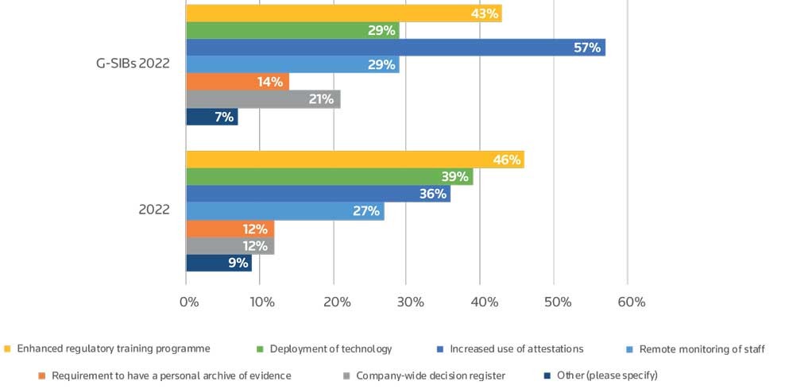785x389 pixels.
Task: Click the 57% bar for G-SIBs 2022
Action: coord(395,48)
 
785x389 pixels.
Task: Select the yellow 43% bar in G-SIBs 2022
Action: coord(343,13)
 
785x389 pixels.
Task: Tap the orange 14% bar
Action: coord(237,82)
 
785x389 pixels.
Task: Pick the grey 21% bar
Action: coord(263,99)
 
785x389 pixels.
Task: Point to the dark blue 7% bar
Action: coord(211,117)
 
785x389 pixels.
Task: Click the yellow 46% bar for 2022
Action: coord(354,160)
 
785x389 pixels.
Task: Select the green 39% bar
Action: coord(329,177)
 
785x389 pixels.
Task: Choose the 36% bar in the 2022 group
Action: coord(318,194)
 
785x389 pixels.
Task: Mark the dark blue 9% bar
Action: coord(218,263)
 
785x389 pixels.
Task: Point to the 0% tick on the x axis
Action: coord(189,302)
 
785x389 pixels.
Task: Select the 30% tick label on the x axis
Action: coord(411,302)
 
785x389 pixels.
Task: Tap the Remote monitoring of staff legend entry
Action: coord(697,349)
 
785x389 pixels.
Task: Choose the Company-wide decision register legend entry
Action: coord(427,376)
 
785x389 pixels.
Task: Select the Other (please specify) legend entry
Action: coord(607,376)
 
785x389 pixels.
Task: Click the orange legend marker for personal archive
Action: coord(41,376)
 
